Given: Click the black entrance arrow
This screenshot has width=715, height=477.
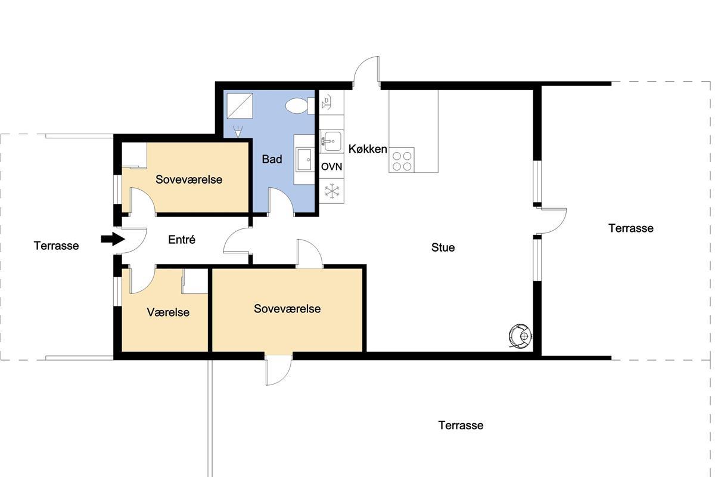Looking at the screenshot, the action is click(113, 239).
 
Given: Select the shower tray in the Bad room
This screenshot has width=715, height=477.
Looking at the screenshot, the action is click(240, 106).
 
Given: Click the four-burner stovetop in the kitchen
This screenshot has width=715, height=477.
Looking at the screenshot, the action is click(402, 160).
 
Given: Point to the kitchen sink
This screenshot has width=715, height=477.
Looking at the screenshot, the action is click(331, 141).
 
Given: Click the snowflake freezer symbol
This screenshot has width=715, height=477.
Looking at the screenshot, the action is click(332, 191).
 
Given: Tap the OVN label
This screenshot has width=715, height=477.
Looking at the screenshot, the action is click(332, 166).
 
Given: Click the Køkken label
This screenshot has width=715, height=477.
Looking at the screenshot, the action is click(368, 149).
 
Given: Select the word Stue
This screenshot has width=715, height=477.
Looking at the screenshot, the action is click(443, 247).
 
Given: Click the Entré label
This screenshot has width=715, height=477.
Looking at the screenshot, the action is click(182, 239).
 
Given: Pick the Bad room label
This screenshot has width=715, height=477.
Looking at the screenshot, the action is click(272, 159).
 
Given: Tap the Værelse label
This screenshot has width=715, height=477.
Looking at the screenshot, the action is click(168, 312).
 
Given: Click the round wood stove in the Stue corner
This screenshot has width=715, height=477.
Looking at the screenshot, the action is click(520, 336).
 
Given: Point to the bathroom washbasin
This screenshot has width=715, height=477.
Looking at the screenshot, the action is click(305, 159).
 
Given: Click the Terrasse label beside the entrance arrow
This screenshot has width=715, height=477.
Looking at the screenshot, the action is click(56, 246).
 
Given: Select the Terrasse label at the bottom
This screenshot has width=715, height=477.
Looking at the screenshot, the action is click(461, 425).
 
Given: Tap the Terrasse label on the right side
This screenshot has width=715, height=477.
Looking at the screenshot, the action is click(631, 228).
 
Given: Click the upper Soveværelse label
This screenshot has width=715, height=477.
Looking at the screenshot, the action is click(189, 179).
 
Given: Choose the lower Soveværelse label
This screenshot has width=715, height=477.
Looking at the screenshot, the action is click(287, 309).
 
